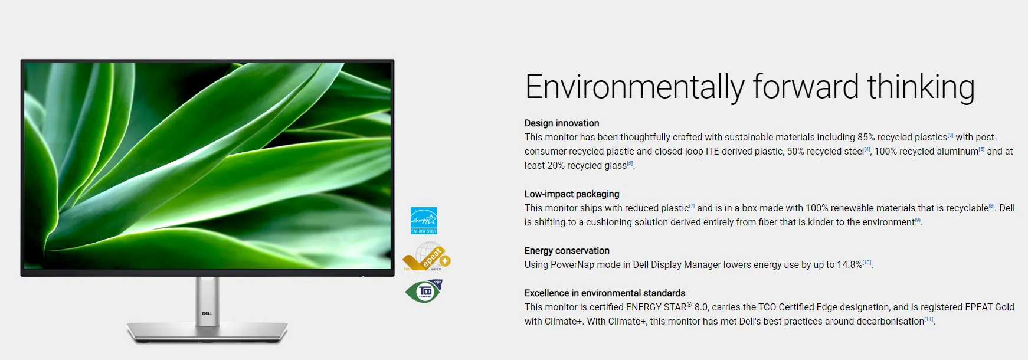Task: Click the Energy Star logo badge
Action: click(x=424, y=221)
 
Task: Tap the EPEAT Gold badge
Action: click(x=427, y=257)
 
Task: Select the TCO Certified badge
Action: click(x=424, y=291)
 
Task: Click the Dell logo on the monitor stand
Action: click(x=207, y=313)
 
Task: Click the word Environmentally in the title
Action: click(x=634, y=87)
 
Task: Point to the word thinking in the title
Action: click(x=921, y=87)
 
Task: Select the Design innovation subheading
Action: click(x=562, y=123)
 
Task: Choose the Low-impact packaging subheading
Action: click(x=572, y=194)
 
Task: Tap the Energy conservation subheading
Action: click(x=567, y=251)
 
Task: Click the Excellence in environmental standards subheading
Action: click(x=605, y=293)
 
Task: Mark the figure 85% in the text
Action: click(x=866, y=138)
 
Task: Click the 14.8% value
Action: click(x=850, y=265)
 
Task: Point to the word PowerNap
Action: click(x=572, y=265)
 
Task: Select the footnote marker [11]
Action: click(x=929, y=319)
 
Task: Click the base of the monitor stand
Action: click(x=208, y=332)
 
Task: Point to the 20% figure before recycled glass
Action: click(x=556, y=166)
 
